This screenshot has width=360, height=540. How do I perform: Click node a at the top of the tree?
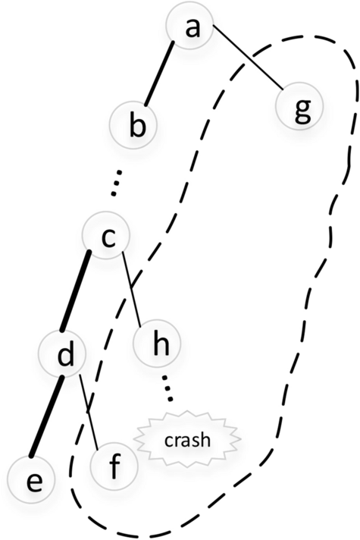(x=192, y=27)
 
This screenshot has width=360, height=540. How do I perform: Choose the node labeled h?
(x=158, y=344)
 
